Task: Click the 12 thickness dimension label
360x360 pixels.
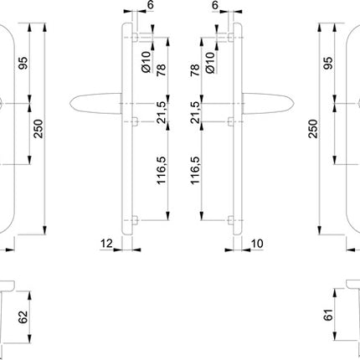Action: pyautogui.click(x=105, y=243)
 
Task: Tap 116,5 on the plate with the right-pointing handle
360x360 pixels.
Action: pyautogui.click(x=198, y=170)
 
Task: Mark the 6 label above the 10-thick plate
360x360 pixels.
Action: pyautogui.click(x=214, y=6)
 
